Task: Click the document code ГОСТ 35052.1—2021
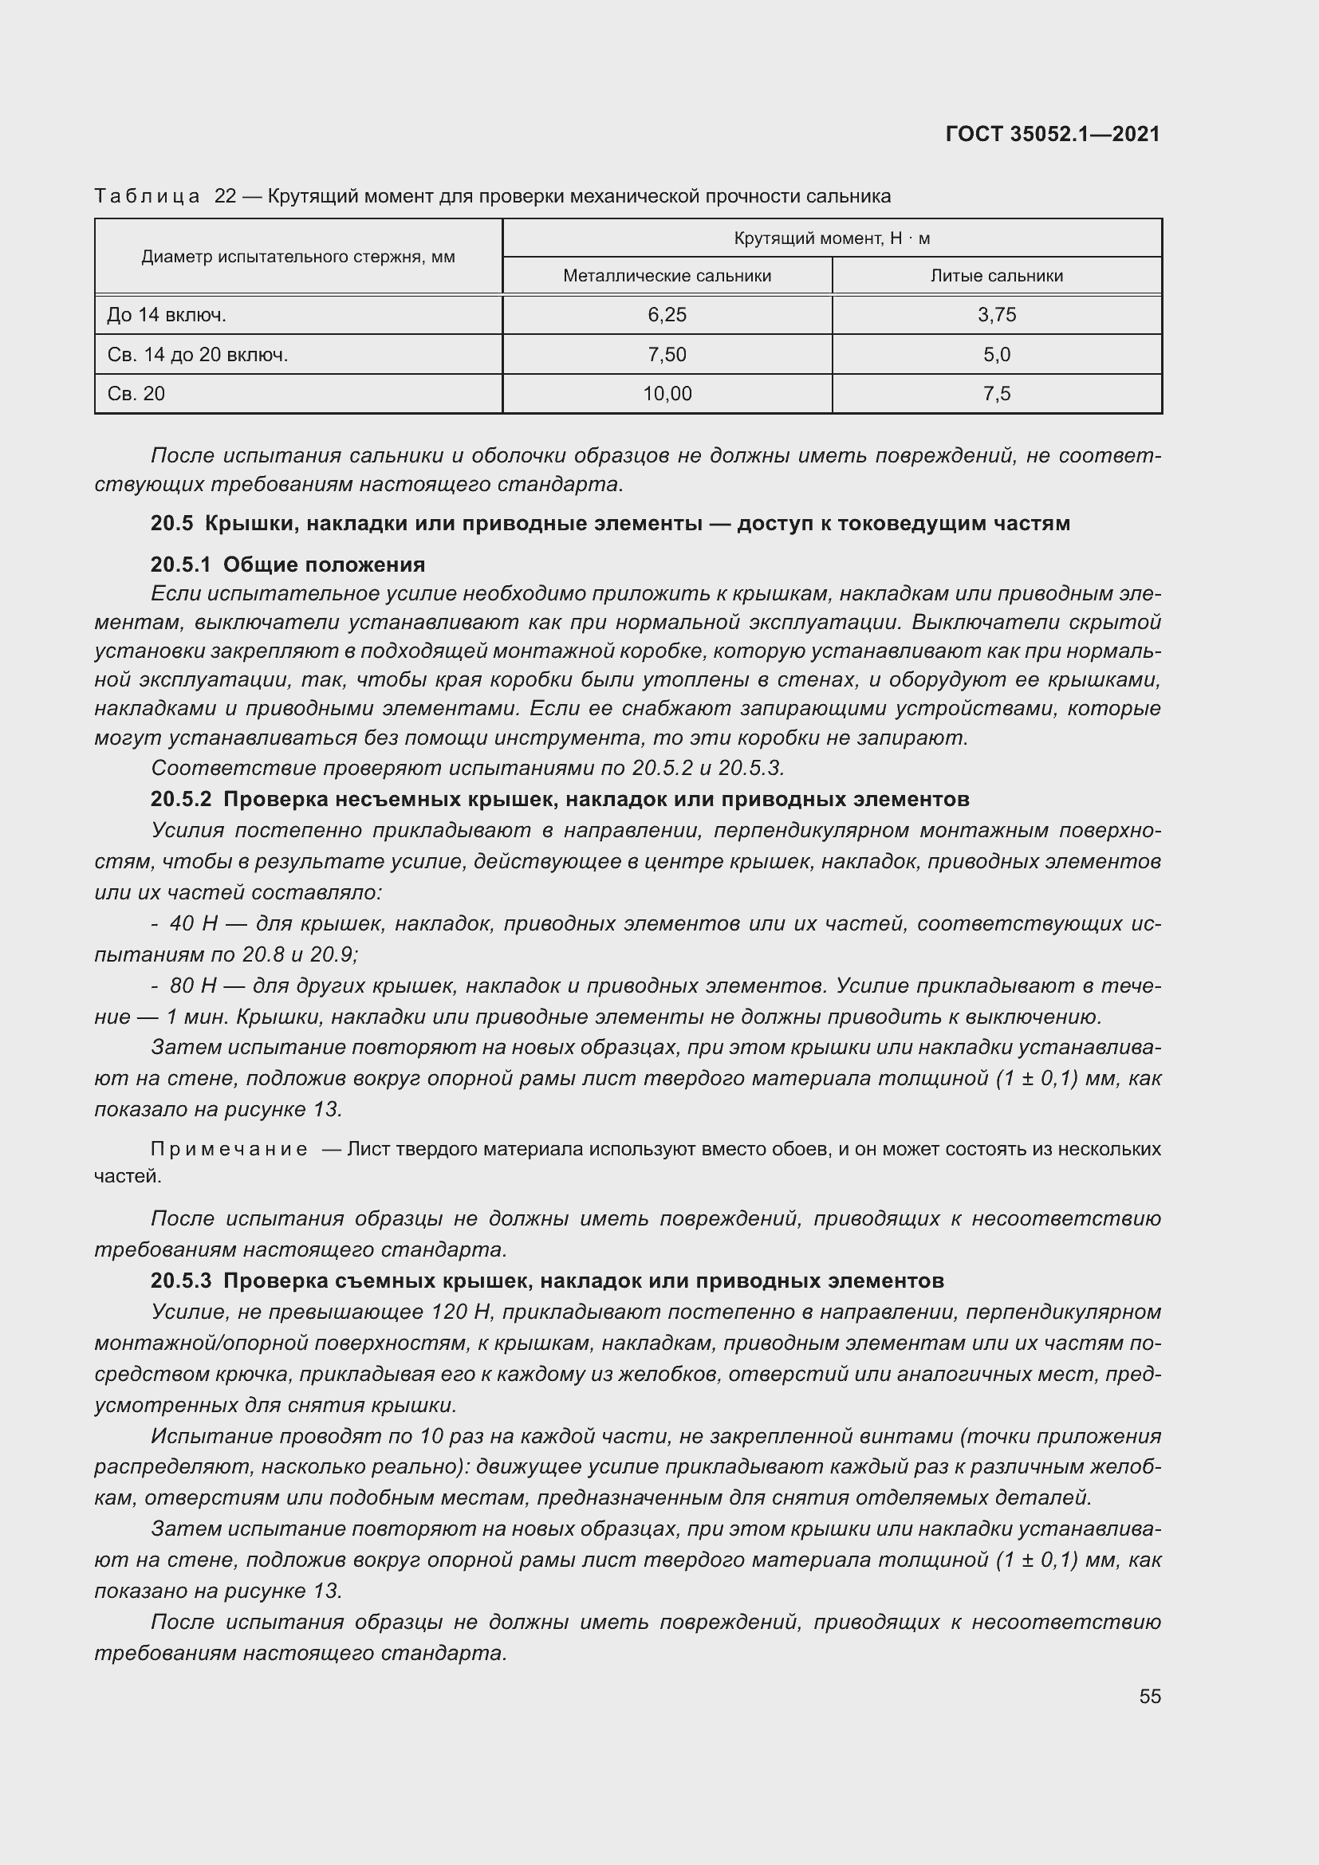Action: [1053, 134]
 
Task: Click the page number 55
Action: [1149, 1696]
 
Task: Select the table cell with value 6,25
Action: [667, 315]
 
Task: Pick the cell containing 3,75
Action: [997, 315]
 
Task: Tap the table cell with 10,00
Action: [667, 394]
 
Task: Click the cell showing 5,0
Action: [997, 355]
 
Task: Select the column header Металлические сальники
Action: [667, 276]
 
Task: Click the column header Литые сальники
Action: [997, 276]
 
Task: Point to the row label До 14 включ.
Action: [167, 315]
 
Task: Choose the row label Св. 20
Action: [136, 394]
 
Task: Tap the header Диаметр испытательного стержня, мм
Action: [298, 258]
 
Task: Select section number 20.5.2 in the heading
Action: [180, 799]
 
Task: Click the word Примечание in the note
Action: [229, 1150]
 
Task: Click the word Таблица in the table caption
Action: [147, 197]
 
